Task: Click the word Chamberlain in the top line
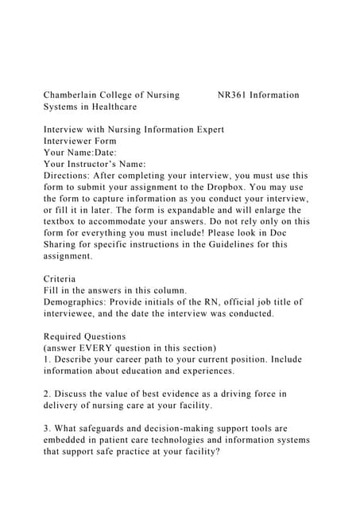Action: (x=75, y=95)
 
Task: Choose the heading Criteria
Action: (x=60, y=279)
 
